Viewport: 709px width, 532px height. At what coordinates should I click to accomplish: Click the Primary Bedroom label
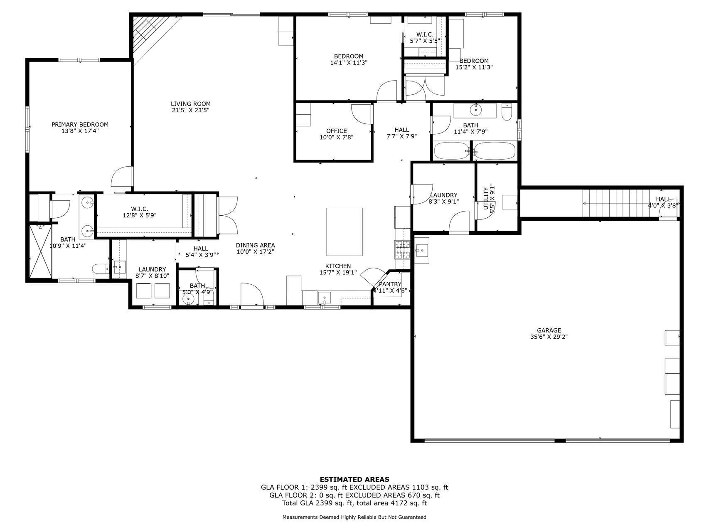click(80, 125)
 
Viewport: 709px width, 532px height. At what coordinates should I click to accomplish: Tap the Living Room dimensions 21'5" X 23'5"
click(190, 111)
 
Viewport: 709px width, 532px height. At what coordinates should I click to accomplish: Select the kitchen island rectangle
click(345, 232)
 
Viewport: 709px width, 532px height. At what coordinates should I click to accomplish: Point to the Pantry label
click(390, 284)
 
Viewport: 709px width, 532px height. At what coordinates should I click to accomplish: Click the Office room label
click(336, 131)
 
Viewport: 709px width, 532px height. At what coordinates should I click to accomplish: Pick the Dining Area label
click(255, 246)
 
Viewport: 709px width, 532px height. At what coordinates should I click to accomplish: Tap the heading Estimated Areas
click(354, 480)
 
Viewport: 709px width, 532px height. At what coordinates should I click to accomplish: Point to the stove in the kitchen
click(402, 249)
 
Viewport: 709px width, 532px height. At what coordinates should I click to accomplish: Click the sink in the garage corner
click(421, 250)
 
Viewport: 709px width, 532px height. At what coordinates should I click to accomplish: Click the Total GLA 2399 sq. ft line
click(354, 503)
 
